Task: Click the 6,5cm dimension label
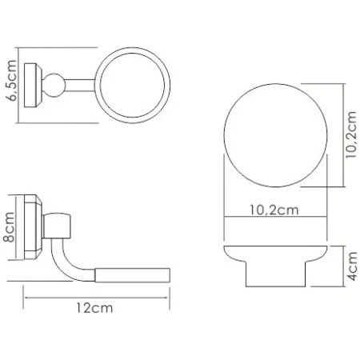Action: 11,81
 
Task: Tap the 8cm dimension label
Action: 9,227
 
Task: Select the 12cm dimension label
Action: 94,308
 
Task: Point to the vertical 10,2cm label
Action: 350,134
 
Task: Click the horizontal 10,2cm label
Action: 274,210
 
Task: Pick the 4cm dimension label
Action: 352,266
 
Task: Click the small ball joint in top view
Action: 54,85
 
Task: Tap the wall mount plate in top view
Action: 33,86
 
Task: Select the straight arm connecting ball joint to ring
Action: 80,86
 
